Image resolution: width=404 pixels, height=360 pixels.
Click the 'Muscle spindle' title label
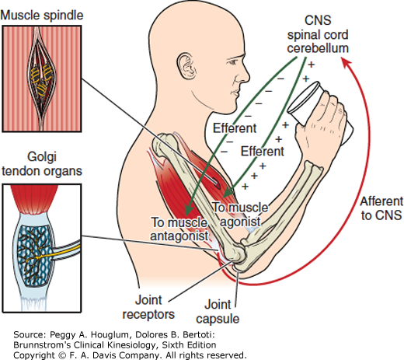click(x=42, y=16)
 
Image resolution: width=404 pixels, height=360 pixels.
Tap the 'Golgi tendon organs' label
click(x=42, y=164)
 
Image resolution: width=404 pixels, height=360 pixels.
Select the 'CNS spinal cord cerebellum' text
click(x=318, y=34)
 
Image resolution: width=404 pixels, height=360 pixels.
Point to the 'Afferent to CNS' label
click(x=381, y=208)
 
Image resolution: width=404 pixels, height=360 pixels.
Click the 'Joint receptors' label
click(x=148, y=307)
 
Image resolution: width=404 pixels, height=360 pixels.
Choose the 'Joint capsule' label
click(x=218, y=312)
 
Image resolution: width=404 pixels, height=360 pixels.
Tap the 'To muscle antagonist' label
click(x=179, y=229)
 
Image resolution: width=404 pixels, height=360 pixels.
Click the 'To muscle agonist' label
click(x=240, y=215)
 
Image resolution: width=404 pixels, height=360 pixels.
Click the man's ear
click(x=186, y=66)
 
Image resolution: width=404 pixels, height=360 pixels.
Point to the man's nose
click(x=245, y=75)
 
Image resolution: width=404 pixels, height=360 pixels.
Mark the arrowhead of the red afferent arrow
click(x=347, y=62)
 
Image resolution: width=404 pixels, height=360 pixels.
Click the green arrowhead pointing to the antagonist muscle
click(x=189, y=209)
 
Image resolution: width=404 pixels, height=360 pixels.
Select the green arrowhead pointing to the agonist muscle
click(x=228, y=191)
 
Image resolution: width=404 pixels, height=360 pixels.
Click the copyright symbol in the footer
click(x=62, y=355)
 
